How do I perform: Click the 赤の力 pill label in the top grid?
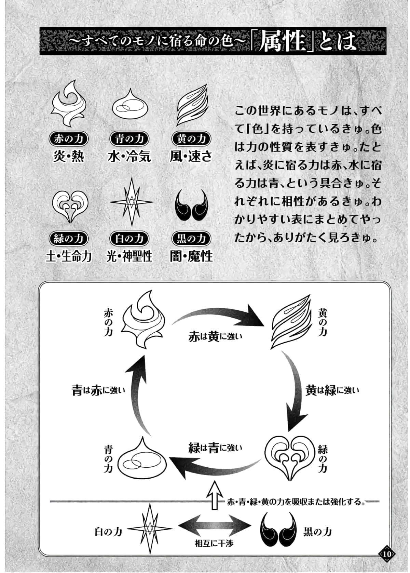click(x=69, y=138)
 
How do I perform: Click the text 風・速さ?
click(x=191, y=156)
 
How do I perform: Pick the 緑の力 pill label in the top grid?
click(x=69, y=238)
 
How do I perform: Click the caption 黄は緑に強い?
click(x=332, y=390)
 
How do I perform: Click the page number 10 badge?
click(x=387, y=554)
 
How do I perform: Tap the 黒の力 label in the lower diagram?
click(x=317, y=532)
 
